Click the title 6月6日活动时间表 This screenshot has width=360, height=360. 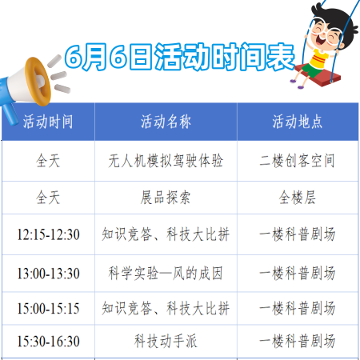tap(180, 57)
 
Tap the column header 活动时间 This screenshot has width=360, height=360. tap(48, 122)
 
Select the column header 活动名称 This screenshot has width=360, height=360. tap(166, 122)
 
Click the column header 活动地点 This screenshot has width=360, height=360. tap(298, 122)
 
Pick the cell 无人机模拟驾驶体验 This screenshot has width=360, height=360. tap(166, 161)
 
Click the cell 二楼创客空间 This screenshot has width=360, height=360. tap(297, 161)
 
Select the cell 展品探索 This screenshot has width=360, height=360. tap(166, 198)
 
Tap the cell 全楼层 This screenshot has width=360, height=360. tap(298, 198)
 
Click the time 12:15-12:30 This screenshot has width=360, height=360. tap(48, 234)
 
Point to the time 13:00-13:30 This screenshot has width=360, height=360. tap(48, 274)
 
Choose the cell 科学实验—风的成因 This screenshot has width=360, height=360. tap(166, 274)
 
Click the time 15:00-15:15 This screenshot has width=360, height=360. tap(48, 309)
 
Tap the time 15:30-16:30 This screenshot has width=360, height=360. tap(48, 342)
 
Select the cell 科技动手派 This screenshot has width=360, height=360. tap(166, 341)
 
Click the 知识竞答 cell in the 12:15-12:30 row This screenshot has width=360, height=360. tap(166, 234)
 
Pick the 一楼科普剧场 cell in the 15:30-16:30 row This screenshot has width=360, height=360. tap(298, 341)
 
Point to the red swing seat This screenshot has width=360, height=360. tap(318, 75)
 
